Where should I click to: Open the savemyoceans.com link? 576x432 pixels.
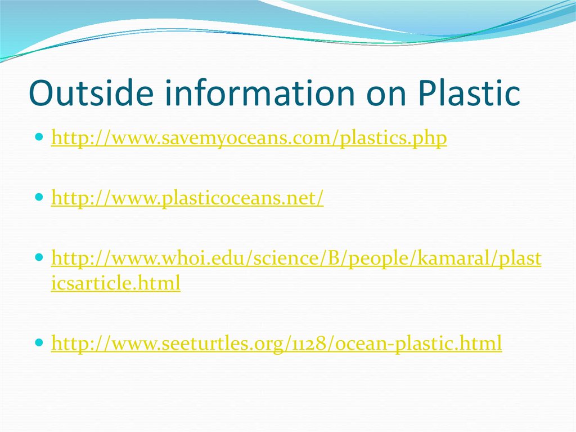[x=249, y=139]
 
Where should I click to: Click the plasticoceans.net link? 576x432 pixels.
[x=187, y=198]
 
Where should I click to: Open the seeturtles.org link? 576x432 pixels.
[x=276, y=343]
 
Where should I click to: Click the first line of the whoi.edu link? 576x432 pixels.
[x=296, y=259]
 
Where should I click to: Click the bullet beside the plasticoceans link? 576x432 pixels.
[x=38, y=198]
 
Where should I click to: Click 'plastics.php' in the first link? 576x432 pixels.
[x=394, y=139]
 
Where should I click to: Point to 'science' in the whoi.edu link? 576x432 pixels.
[x=285, y=259]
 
